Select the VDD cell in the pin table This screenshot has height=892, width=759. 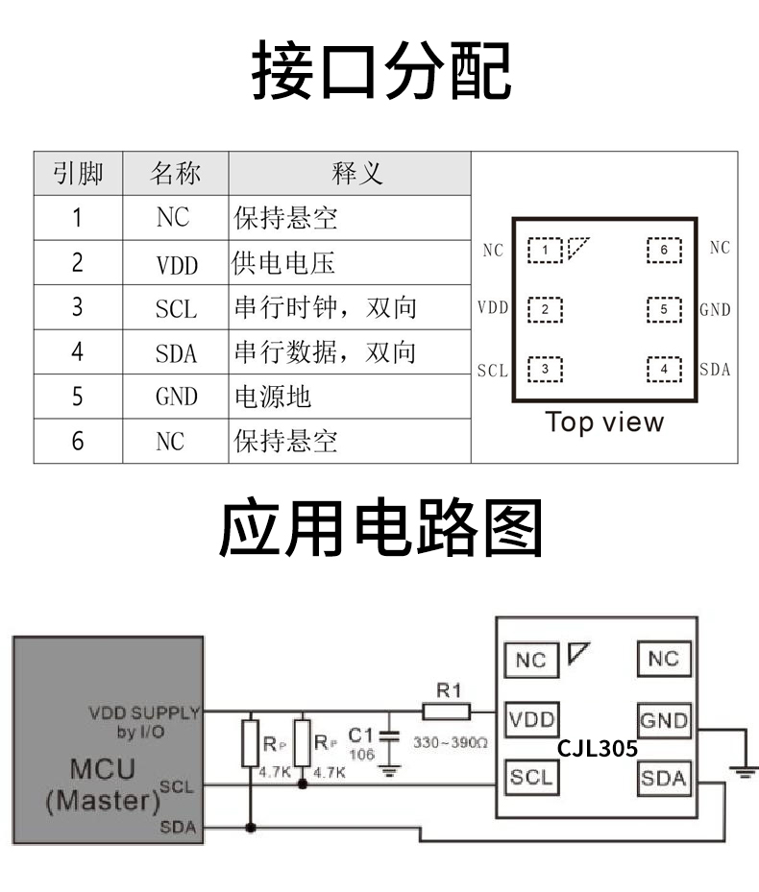click(176, 263)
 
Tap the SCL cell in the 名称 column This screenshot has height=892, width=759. click(176, 308)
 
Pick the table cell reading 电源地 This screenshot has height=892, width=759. click(273, 397)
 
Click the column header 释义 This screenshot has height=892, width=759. click(356, 174)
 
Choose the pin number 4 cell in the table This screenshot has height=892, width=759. click(78, 352)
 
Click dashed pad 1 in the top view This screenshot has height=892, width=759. click(545, 251)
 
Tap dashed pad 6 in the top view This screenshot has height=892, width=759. click(663, 251)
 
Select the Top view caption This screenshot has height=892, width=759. click(604, 422)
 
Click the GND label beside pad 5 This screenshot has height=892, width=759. click(715, 310)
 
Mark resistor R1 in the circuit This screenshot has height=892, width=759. click(447, 711)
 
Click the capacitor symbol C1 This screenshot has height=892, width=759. click(389, 739)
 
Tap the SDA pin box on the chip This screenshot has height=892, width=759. click(664, 778)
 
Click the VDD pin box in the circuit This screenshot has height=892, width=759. click(531, 720)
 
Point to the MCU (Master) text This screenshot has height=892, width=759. click(103, 784)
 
